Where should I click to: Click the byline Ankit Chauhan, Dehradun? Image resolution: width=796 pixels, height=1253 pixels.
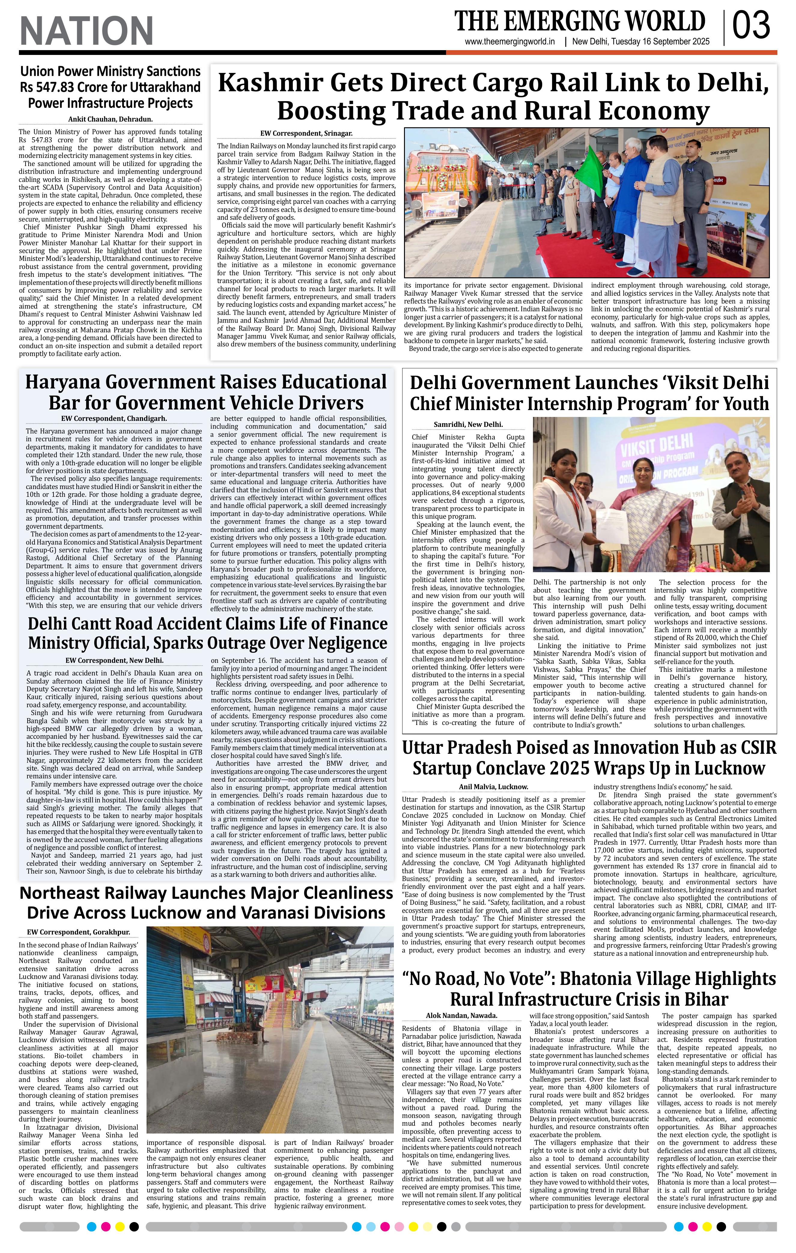[x=110, y=119]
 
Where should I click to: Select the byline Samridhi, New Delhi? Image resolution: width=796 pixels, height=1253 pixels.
[x=468, y=424]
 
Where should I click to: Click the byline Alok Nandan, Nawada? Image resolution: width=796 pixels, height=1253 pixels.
[x=461, y=1015]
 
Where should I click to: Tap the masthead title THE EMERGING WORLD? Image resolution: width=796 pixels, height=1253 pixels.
[x=579, y=22]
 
